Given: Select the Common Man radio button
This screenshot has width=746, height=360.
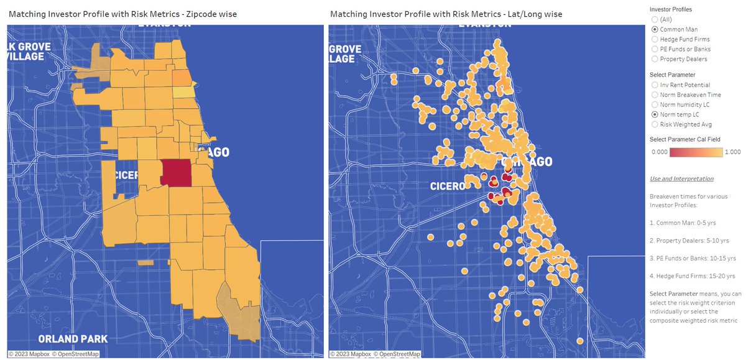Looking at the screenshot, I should [655, 29].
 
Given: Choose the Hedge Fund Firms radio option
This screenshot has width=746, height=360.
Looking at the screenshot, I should [655, 39].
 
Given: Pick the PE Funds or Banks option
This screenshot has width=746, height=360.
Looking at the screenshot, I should [655, 49].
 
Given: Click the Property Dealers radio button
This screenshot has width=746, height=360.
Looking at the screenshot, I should [655, 59].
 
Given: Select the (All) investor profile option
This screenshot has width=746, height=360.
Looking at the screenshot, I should [655, 19].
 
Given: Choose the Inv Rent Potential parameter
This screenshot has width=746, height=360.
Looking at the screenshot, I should [655, 85].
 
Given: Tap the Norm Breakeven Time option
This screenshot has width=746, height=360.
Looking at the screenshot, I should [655, 95].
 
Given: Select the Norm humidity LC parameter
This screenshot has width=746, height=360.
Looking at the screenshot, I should [655, 104].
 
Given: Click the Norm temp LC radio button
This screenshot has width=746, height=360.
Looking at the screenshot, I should [655, 114].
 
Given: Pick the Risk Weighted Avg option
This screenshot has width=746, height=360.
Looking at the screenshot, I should [655, 124].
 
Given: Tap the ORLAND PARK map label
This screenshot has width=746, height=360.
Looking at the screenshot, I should [73, 339].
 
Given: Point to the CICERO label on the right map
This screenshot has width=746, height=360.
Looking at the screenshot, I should [447, 186].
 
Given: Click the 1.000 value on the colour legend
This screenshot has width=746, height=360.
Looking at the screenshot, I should [732, 151].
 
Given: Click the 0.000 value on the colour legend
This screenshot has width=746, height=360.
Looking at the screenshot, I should [659, 151].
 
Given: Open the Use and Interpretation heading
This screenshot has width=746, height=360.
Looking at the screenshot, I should [681, 178].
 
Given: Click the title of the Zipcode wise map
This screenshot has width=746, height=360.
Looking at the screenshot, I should [122, 14].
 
